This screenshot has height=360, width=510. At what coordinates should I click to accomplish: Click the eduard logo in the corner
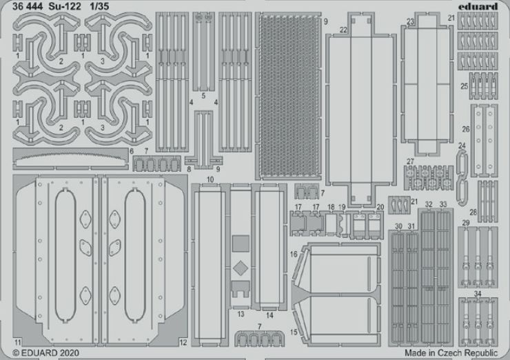(x=478, y=6)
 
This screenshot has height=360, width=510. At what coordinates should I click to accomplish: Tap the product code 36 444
(x=28, y=6)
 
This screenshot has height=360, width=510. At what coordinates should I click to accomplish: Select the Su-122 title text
(x=65, y=6)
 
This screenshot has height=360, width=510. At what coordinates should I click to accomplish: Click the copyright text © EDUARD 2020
(x=45, y=353)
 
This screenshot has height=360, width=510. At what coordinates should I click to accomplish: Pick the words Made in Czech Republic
(x=451, y=353)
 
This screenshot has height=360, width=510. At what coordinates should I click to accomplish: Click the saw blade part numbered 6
(x=70, y=159)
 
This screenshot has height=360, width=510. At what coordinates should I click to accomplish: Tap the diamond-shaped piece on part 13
(x=241, y=268)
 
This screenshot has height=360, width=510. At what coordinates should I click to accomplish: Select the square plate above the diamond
(x=241, y=243)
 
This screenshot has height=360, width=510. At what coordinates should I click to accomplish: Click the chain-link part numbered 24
(x=462, y=177)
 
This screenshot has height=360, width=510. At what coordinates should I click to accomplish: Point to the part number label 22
(x=343, y=30)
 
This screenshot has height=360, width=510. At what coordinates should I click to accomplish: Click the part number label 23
(x=411, y=22)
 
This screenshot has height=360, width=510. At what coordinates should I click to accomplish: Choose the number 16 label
(x=294, y=254)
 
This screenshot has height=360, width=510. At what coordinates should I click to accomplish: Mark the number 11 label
(x=18, y=342)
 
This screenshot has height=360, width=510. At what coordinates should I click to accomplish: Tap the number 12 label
(x=183, y=342)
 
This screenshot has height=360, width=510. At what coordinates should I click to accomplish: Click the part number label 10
(x=210, y=179)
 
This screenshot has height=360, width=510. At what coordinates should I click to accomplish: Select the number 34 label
(x=478, y=294)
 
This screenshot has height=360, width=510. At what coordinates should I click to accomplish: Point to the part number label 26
(x=466, y=129)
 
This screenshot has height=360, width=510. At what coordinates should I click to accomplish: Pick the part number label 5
(x=203, y=96)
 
